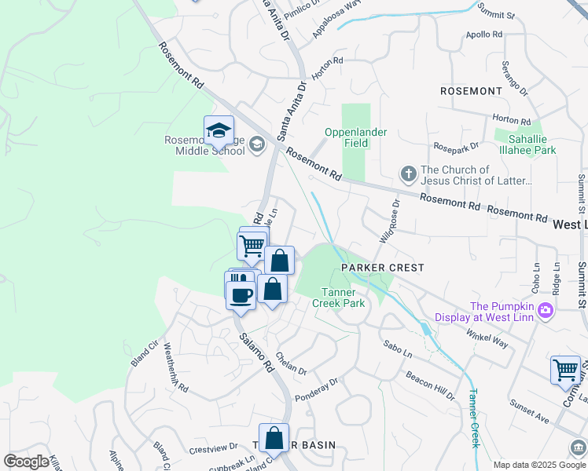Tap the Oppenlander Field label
(x=355, y=137)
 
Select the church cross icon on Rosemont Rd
(x=408, y=173)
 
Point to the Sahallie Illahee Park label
(x=525, y=144)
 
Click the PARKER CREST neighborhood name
(x=382, y=268)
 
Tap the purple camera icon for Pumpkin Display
(x=545, y=312)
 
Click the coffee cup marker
(x=241, y=295)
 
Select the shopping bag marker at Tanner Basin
(x=274, y=438)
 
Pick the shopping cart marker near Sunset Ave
(x=565, y=370)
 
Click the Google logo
(x=26, y=461)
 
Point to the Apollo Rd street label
(x=484, y=35)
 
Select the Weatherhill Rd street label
(x=175, y=371)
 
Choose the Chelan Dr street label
(x=291, y=363)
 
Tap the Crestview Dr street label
(x=213, y=448)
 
